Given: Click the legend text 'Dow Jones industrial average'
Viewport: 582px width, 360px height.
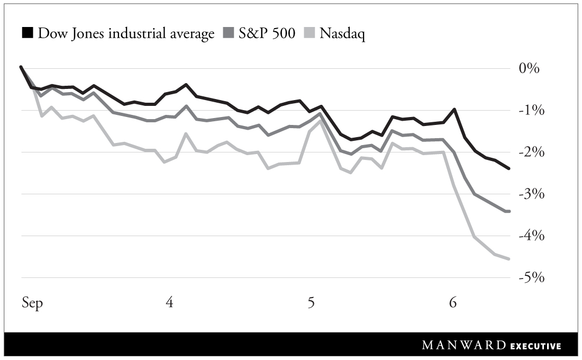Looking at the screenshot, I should [126, 34].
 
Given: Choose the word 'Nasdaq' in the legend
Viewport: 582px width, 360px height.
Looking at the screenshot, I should [343, 34].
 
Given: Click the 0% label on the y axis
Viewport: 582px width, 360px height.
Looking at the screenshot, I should [529, 69].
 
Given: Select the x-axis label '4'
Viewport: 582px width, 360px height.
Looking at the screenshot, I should [169, 303].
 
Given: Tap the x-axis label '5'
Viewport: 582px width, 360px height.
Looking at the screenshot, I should [311, 303].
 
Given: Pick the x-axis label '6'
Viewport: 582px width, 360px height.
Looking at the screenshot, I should [453, 303].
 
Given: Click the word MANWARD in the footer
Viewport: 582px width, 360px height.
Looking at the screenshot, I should [464, 346].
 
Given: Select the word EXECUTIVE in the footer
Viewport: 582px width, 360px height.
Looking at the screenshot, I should [535, 346].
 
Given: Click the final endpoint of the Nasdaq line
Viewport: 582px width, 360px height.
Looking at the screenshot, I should [508, 259].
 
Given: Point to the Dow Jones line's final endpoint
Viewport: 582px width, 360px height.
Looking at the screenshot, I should [508, 168].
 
